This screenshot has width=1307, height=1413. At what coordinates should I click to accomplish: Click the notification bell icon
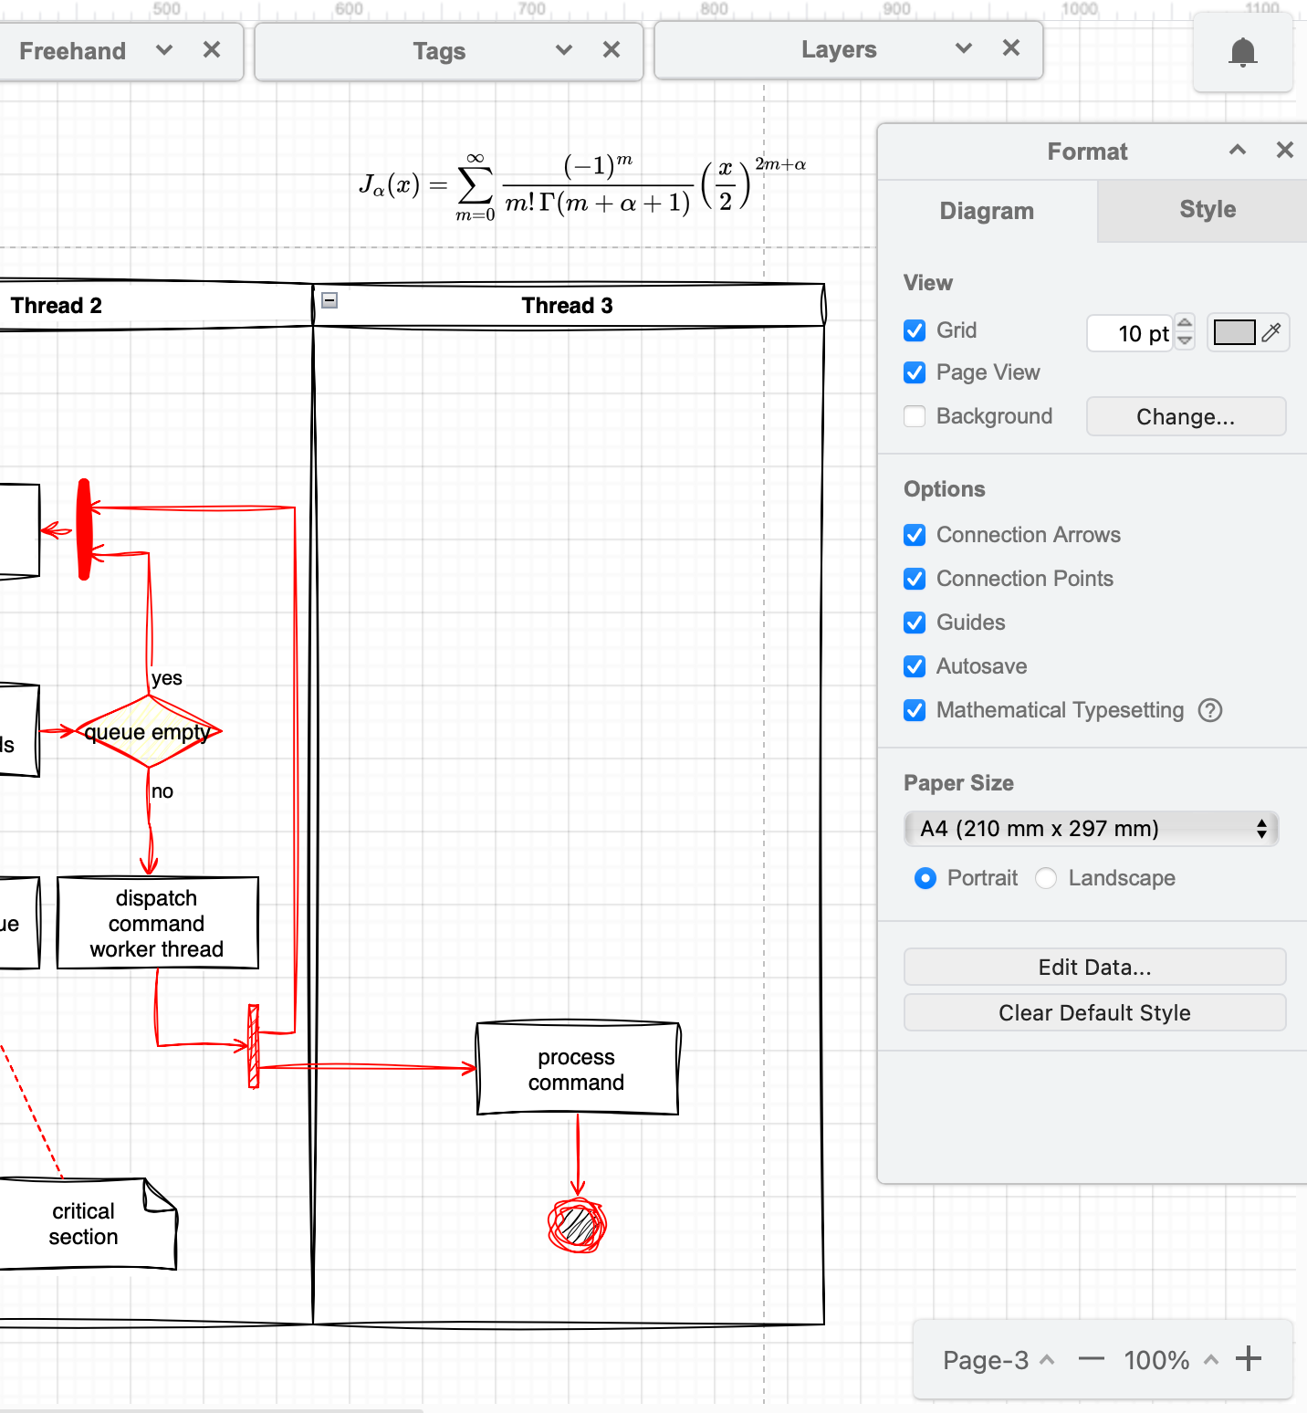(x=1242, y=52)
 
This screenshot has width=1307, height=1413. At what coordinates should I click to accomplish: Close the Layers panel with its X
(x=1010, y=48)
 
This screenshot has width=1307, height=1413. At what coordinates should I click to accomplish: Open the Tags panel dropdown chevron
(x=564, y=50)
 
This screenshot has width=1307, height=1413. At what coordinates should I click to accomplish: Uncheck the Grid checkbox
(x=915, y=330)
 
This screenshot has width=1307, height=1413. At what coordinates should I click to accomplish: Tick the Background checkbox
(x=915, y=416)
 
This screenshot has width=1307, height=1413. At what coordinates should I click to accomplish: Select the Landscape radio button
(x=1046, y=878)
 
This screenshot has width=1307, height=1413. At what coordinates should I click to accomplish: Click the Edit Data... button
(x=1094, y=968)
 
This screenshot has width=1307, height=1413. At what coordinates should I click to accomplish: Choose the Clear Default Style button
(x=1094, y=1013)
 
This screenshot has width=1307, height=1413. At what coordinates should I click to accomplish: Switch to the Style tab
(x=1207, y=210)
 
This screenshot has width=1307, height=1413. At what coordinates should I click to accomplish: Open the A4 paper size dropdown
(x=1092, y=829)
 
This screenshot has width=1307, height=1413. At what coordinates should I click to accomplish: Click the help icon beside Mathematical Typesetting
(x=1210, y=710)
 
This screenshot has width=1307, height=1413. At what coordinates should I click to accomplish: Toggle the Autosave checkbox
(x=915, y=666)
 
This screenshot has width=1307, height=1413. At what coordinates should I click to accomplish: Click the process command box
(x=577, y=1069)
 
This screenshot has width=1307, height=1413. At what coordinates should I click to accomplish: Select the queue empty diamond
(x=148, y=732)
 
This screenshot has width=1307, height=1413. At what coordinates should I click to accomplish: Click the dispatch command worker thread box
(x=157, y=923)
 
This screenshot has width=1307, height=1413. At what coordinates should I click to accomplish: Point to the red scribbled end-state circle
(x=577, y=1225)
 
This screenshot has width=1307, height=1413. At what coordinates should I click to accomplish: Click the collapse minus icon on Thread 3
(x=330, y=300)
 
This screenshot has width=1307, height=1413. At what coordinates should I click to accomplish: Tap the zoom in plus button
(x=1248, y=1359)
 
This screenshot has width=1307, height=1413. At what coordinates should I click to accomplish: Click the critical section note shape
(x=84, y=1224)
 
